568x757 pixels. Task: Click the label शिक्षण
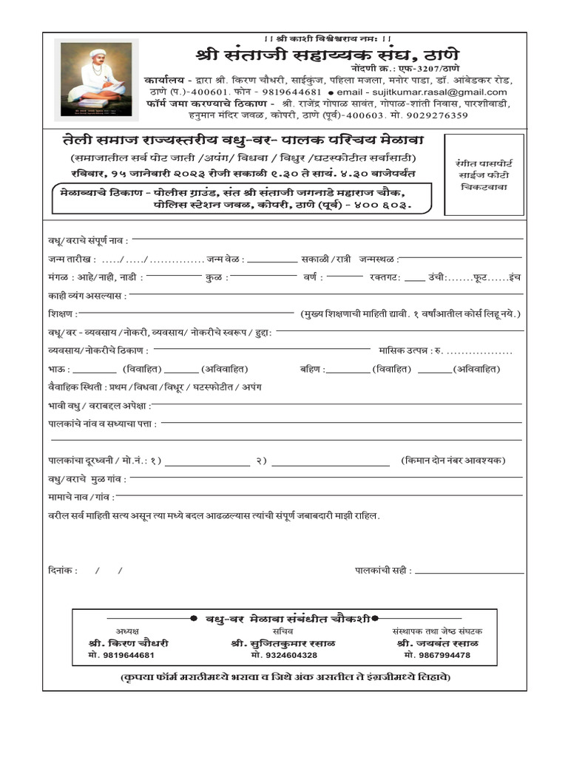(x=64, y=314)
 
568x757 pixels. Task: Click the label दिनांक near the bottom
(x=63, y=570)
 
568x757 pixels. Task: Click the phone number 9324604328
(x=283, y=656)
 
